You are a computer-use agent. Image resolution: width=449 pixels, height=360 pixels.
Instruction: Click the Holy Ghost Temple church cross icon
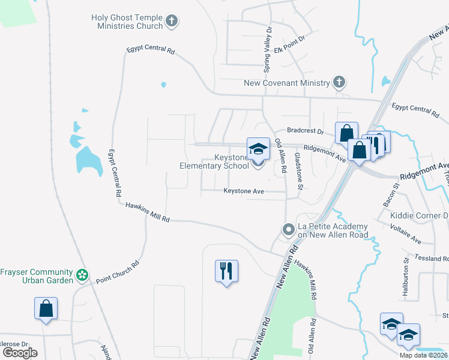172,22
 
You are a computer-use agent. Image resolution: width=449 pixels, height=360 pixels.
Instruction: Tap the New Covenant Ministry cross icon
339,82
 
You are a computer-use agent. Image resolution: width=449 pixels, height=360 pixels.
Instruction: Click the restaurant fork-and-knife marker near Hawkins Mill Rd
226,271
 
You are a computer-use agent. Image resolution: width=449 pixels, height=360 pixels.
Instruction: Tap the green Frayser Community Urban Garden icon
83,276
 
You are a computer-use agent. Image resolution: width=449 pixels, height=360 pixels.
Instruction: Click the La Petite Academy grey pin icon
289,229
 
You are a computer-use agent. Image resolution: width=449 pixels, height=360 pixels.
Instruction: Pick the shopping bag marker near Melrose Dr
46,308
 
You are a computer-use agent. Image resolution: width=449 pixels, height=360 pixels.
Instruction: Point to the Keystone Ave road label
244,191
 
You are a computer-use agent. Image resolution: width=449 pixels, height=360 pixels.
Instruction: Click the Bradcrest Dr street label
305,131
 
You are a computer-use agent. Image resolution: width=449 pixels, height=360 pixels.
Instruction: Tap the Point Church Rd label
118,271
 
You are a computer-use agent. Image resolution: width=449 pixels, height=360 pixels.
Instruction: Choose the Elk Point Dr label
290,37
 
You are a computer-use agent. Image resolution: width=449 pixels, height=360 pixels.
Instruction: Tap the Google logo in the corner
20,353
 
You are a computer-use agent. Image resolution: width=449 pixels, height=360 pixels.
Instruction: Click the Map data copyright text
424,355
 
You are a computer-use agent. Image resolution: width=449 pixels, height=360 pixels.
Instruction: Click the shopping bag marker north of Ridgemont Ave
347,133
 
